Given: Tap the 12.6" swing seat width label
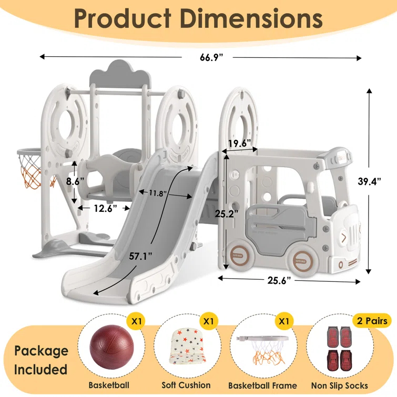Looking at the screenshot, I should point(105,209).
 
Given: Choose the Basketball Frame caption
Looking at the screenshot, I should point(263,385).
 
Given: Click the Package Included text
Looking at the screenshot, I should point(41,360).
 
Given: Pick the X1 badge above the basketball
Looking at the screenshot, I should point(137,320).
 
